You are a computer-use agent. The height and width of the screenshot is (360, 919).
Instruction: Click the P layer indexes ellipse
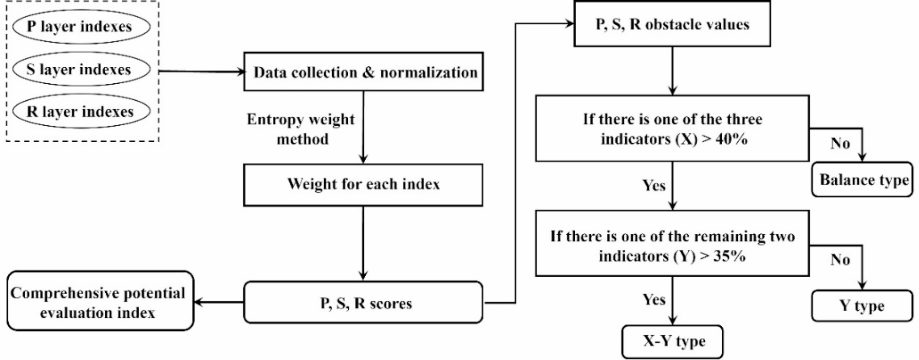[x=81, y=27]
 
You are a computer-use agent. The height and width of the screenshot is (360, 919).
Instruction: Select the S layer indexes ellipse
[x=81, y=70]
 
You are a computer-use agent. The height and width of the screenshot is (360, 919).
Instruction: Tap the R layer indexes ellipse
[x=81, y=112]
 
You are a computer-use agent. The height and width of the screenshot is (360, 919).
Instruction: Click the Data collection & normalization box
[x=363, y=72]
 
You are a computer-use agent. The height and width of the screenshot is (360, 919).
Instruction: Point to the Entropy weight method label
[x=301, y=129]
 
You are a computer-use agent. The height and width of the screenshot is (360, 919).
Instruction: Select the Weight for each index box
[x=363, y=184]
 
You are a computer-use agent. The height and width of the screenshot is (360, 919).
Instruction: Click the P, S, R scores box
[x=363, y=303]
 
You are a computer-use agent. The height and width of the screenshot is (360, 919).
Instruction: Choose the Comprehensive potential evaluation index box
[x=100, y=302]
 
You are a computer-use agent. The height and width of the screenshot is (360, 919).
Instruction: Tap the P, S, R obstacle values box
[x=672, y=24]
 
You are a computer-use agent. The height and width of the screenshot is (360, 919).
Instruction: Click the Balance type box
[x=862, y=180]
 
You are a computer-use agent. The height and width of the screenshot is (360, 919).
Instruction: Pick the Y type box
[x=862, y=306]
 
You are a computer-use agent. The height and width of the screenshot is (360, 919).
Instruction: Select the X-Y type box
[x=673, y=341]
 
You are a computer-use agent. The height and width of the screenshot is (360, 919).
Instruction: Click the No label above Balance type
[x=840, y=144]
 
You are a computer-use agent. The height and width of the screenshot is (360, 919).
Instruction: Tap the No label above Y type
[x=840, y=260]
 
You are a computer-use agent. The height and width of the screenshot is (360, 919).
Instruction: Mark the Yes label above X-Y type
[x=654, y=300]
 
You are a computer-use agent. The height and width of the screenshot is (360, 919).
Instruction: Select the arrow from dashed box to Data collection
[x=201, y=71]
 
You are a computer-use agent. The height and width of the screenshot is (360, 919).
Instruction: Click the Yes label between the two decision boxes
[x=654, y=185]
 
